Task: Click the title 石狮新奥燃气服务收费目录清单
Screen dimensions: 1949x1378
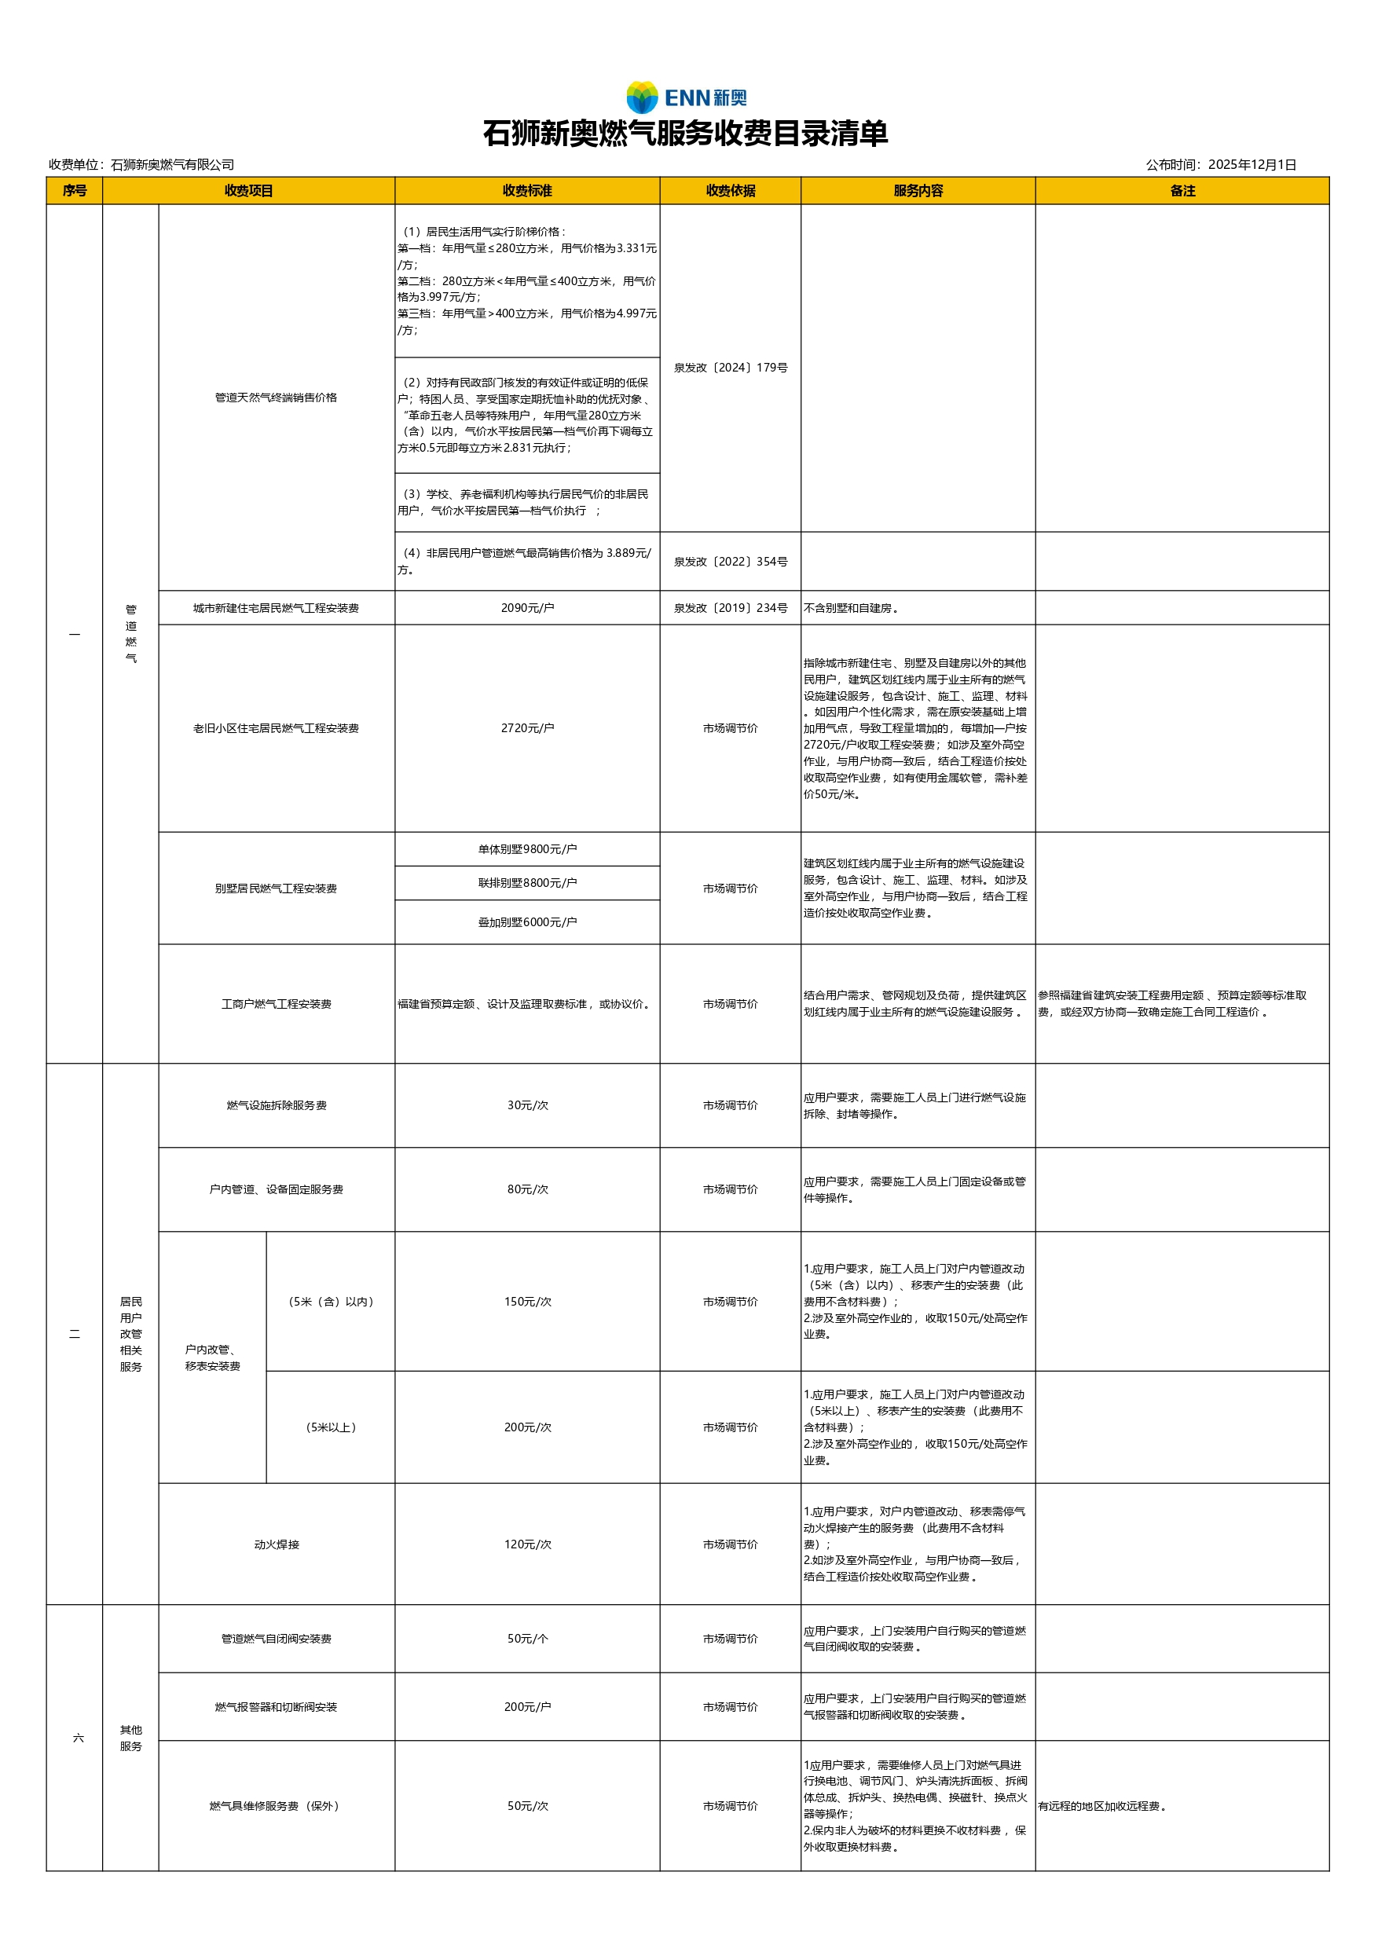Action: coord(686,134)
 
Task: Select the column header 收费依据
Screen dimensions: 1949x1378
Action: coord(730,191)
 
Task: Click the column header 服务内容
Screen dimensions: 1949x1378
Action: coord(918,191)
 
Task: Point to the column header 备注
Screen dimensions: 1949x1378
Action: coord(1182,191)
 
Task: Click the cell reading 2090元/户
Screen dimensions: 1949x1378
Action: coord(527,608)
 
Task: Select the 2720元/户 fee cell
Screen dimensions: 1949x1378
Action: coord(527,728)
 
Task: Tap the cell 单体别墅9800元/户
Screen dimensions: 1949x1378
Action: coord(527,849)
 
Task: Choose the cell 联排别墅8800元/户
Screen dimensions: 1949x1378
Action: coord(527,883)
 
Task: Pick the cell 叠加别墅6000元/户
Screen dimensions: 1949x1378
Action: coord(527,922)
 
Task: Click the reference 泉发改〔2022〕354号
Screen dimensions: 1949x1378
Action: coord(730,562)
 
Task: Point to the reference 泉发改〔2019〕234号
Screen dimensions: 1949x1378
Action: coord(730,608)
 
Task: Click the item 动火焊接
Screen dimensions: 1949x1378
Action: coord(277,1544)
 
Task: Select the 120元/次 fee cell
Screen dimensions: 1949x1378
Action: coord(527,1544)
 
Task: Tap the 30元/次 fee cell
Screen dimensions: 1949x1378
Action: coord(527,1105)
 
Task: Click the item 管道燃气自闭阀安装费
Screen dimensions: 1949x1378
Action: coord(277,1639)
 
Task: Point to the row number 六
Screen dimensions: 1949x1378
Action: coord(78,1738)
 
